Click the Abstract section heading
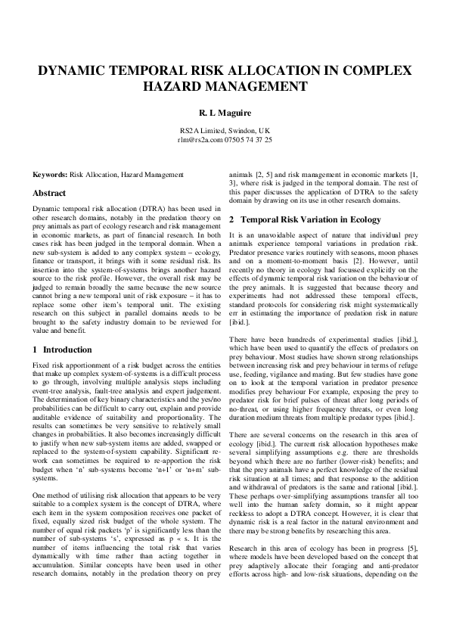pos(50,193)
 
